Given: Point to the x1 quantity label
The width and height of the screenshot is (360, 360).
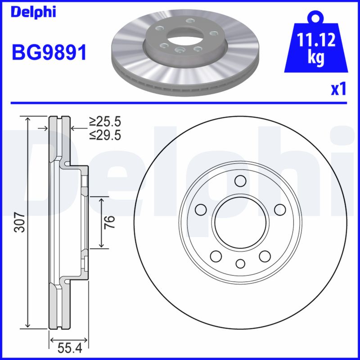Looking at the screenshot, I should coord(338,90).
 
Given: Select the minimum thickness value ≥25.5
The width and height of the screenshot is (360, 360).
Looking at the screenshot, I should coord(105,121).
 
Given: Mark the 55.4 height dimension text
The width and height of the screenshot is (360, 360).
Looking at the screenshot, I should coord(69,347).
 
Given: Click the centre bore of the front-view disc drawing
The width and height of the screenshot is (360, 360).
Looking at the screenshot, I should coord(240,222).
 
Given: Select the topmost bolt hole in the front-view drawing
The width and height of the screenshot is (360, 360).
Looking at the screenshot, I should coord(240,181).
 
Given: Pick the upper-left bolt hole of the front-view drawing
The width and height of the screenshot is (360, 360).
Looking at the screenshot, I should coord(201,210).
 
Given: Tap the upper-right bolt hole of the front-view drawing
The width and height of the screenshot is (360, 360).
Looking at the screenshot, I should coord(279,210).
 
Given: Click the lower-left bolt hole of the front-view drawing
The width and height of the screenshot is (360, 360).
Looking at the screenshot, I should coord(216,256).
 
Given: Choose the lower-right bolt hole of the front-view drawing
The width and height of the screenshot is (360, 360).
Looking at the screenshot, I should coord(264,256).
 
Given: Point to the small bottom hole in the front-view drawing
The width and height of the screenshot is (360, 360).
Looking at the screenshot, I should coord(240,264).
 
